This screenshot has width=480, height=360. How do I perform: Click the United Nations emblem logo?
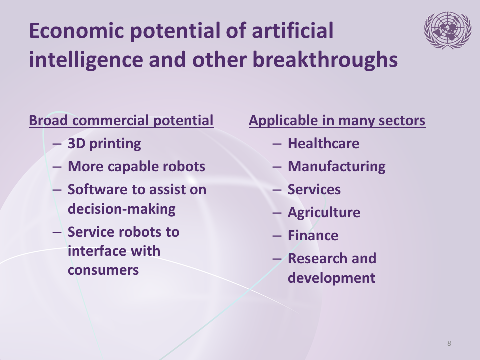point(447,30)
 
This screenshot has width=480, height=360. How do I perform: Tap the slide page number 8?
point(449,343)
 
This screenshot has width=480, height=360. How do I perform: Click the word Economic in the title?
point(77,31)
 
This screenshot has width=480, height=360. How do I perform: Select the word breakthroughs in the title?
point(325,59)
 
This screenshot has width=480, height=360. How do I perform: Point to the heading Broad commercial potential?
point(121,120)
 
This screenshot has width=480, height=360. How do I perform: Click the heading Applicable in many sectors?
point(337,120)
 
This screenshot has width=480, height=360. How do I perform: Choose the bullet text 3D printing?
point(104,144)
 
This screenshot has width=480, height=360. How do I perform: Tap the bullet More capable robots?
point(137,167)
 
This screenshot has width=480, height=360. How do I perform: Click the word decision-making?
point(122,209)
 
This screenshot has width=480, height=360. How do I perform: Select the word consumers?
point(103,270)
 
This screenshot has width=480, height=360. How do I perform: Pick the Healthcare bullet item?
point(324,144)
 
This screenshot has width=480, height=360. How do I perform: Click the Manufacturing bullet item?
point(336,167)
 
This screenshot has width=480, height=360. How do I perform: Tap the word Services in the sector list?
point(314,190)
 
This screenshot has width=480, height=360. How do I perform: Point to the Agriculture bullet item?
point(324,213)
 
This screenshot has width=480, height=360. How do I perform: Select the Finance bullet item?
point(313,235)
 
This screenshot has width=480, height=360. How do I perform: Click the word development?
point(332,278)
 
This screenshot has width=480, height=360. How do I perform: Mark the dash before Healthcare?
point(277,144)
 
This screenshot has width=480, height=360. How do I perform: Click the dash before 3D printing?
point(57,144)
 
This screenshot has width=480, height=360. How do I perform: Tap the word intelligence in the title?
point(86,59)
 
